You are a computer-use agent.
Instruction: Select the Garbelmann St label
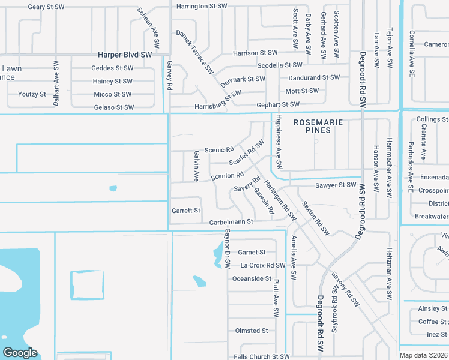coord(231,222)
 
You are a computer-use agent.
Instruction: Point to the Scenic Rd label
coord(218,150)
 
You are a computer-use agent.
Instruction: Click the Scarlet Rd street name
coord(247,154)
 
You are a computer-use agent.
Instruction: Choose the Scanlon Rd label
coord(227,176)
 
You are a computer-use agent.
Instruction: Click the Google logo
coord(20,353)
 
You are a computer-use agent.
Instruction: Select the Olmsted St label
coord(251,331)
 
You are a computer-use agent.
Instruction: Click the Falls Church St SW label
coord(261,357)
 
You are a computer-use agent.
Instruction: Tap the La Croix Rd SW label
coord(262,265)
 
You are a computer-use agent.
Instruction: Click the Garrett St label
coord(185,211)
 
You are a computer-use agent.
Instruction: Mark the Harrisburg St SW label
coord(218,100)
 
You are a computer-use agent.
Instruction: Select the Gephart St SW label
coord(277,104)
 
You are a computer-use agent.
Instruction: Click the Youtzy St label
coord(32,94)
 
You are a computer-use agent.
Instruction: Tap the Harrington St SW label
coord(202,7)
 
